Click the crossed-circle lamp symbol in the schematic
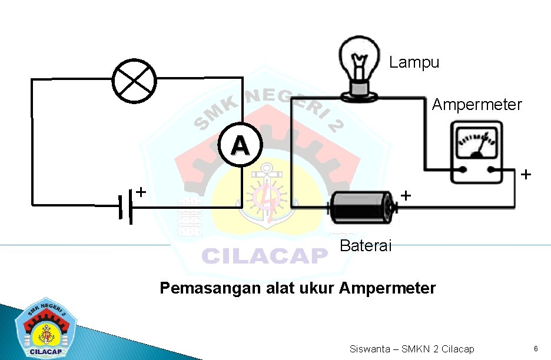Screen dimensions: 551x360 [135, 81]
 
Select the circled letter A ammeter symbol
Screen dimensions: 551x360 [239, 144]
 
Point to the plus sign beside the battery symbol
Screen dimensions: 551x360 [141, 191]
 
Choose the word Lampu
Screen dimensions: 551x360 [414, 62]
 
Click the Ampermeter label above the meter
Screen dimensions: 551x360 [477, 105]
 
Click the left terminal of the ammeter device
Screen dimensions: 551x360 [463, 170]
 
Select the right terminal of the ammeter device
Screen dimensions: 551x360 [492, 170]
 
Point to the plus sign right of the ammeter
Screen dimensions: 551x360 [526, 175]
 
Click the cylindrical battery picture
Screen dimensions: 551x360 [361, 207]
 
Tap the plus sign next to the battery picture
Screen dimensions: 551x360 [406, 195]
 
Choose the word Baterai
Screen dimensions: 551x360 [366, 246]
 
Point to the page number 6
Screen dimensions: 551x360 [536, 349]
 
